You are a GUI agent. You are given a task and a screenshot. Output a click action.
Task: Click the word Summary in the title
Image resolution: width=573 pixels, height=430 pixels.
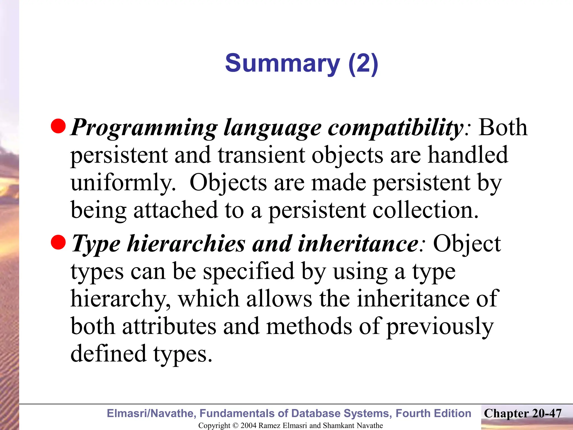tap(283, 63)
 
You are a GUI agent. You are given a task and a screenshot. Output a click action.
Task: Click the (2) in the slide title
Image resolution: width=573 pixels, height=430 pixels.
tap(363, 63)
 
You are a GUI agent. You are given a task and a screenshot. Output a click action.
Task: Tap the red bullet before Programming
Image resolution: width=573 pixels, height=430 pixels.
tap(58, 126)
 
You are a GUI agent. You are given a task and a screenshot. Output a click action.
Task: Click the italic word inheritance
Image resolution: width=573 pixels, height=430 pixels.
tap(358, 244)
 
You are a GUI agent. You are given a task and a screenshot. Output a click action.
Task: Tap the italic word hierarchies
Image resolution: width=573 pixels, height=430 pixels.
tap(186, 244)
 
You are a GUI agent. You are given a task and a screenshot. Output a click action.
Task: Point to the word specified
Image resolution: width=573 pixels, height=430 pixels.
tap(248, 272)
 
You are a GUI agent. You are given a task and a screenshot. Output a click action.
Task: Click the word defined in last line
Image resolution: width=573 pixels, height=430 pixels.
tap(109, 353)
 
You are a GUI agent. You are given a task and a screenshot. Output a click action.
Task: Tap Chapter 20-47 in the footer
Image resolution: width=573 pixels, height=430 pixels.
tap(523, 413)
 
